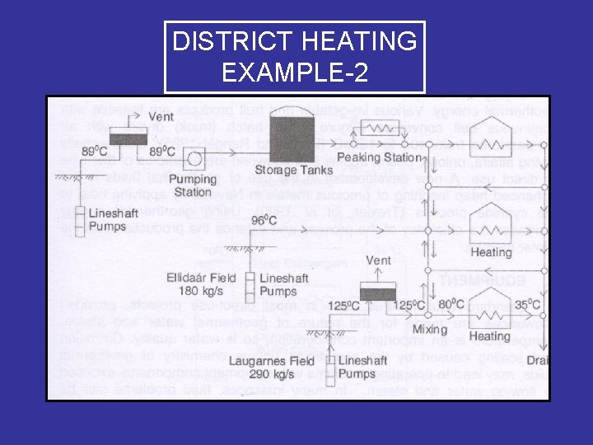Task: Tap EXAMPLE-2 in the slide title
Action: click(x=294, y=73)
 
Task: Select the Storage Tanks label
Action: click(x=293, y=171)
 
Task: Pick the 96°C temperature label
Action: click(x=265, y=220)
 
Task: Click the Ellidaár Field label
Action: click(x=201, y=278)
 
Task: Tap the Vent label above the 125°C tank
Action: click(x=378, y=261)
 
